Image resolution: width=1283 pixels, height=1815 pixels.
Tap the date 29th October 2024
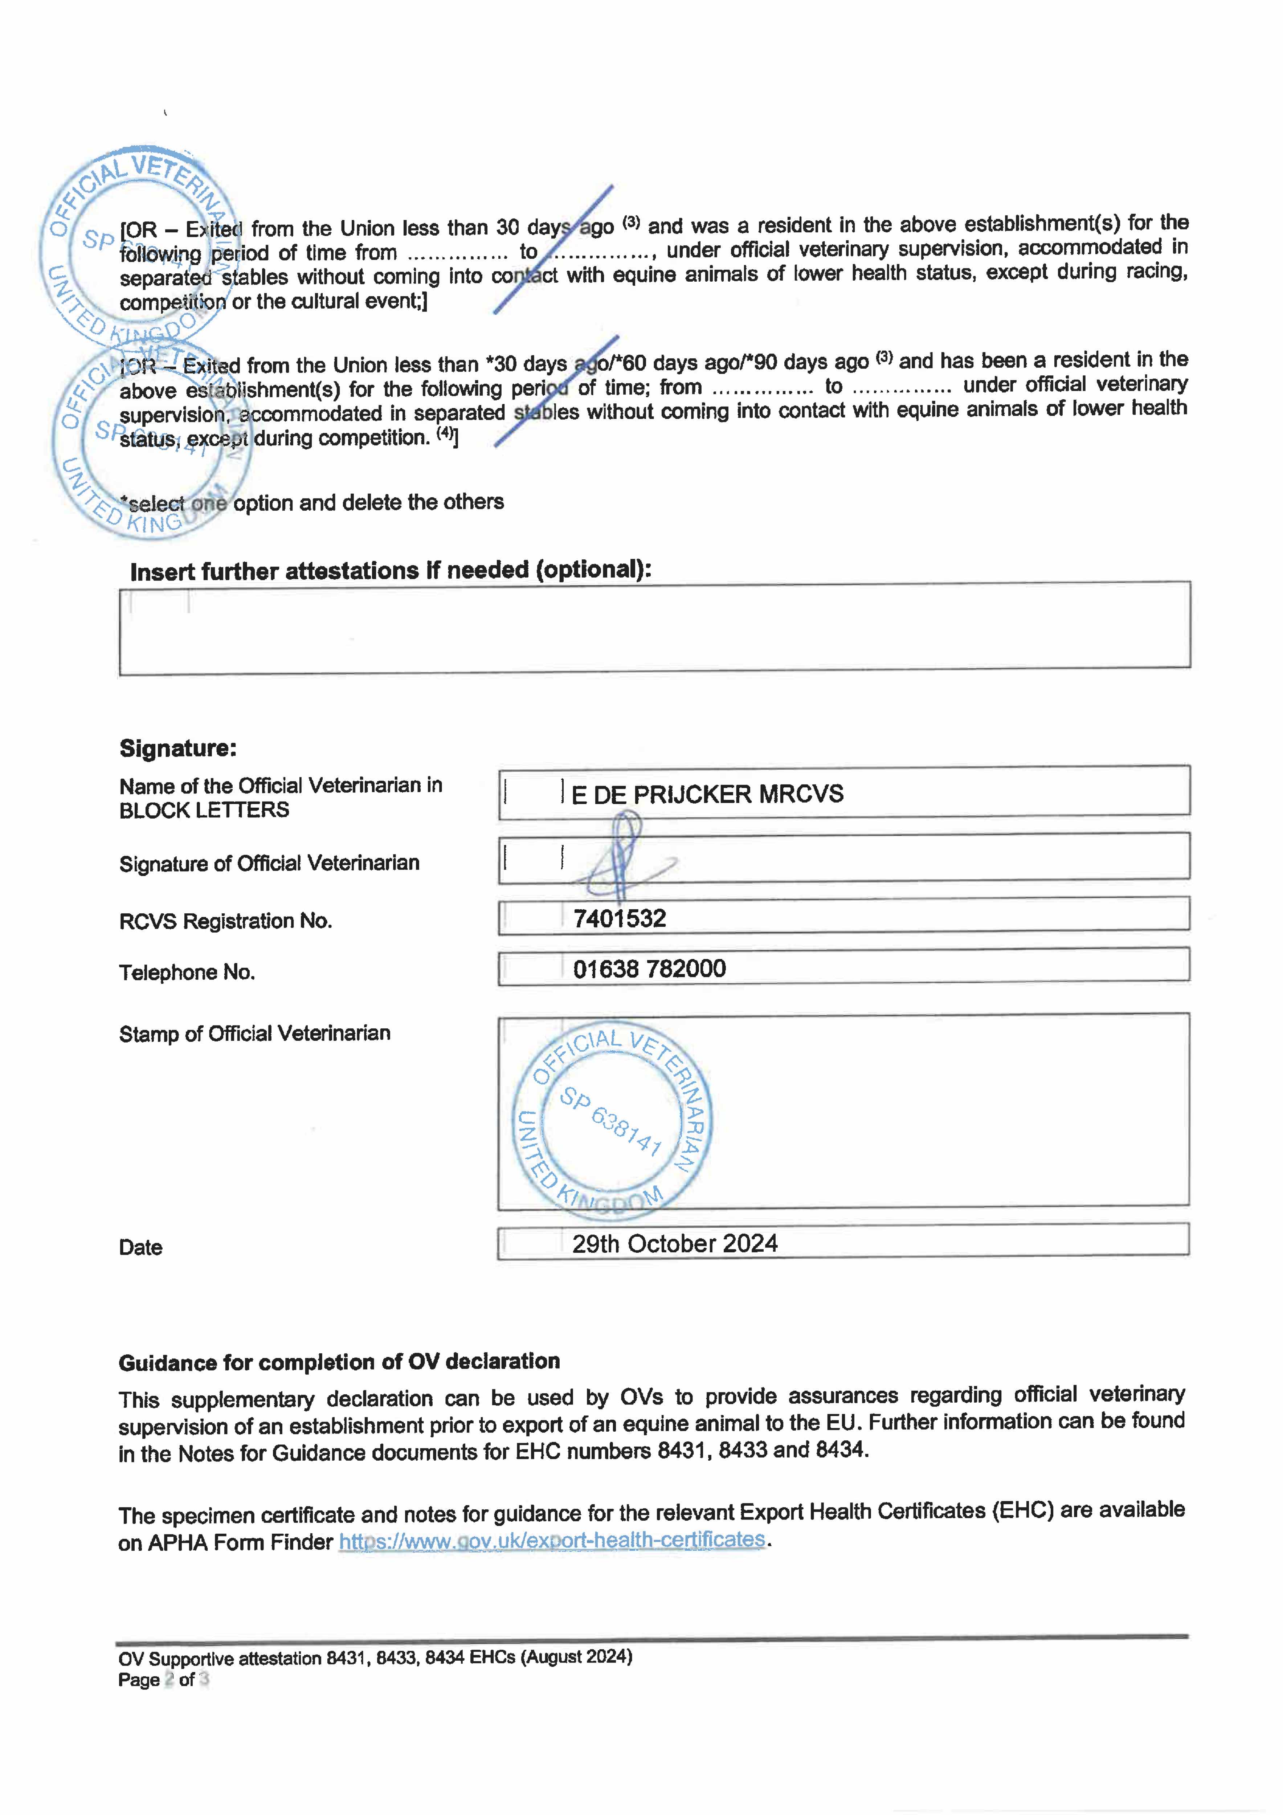coord(674,1244)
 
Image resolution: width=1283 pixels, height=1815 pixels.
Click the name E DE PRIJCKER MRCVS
coord(707,794)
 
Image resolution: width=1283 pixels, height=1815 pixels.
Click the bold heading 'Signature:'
coord(178,748)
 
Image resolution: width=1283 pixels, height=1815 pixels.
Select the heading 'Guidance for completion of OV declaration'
coord(339,1362)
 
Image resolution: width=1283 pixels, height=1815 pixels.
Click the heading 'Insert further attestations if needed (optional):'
coord(391,571)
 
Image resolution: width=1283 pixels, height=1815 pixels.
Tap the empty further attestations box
coord(654,628)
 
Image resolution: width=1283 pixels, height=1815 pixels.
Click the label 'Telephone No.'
coord(187,972)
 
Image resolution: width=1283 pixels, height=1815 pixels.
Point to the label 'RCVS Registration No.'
coord(225,921)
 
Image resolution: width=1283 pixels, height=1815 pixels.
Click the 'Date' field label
coord(141,1247)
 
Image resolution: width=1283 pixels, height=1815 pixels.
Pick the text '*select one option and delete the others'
coord(312,503)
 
